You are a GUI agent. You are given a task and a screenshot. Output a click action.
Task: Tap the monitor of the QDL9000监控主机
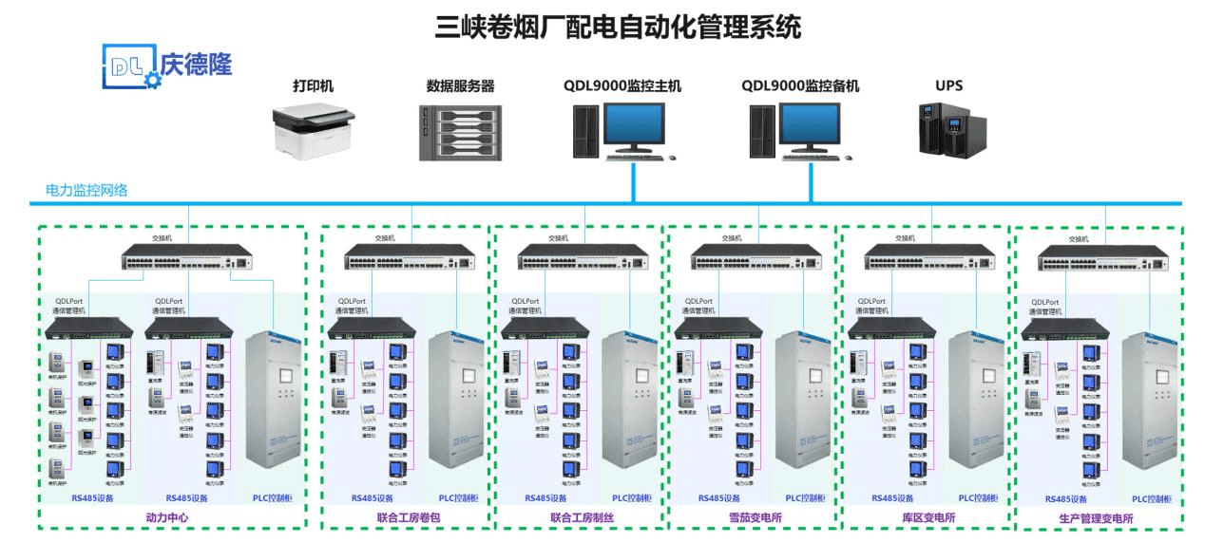(635, 127)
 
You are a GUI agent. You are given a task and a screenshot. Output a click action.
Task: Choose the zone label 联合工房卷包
(406, 518)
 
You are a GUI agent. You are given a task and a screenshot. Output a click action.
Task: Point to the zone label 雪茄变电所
(748, 518)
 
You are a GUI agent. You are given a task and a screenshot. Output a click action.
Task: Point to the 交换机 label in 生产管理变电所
(1078, 239)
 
